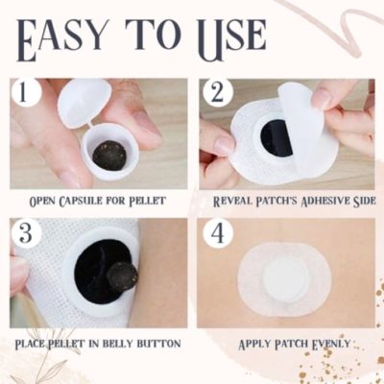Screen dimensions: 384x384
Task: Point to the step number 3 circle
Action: point(26,233)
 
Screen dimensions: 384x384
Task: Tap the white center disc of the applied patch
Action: point(285,282)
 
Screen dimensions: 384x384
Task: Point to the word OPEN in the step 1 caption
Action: point(45,203)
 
